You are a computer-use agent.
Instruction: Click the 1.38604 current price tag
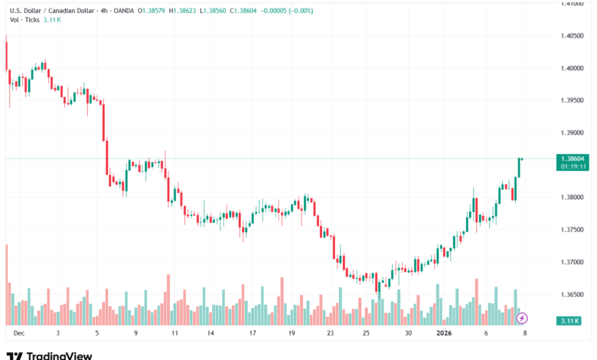tap(573, 159)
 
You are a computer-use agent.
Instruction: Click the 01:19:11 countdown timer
tap(573, 165)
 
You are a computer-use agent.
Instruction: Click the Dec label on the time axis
tap(19, 333)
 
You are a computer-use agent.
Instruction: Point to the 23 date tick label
tap(330, 333)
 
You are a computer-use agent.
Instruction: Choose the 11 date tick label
tap(175, 333)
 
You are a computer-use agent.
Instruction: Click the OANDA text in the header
tap(119, 10)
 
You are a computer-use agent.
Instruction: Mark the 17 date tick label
tap(252, 333)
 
